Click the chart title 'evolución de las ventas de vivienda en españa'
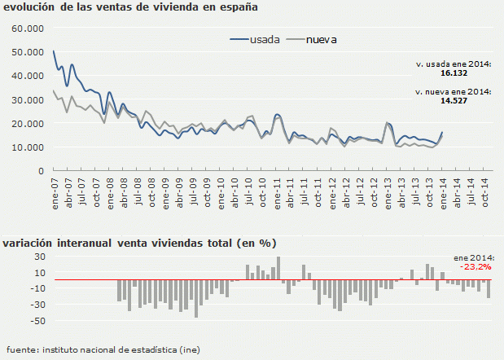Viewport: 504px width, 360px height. [x=131, y=8]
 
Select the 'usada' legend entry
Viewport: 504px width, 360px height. [x=265, y=39]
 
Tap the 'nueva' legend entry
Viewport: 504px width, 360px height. [x=322, y=39]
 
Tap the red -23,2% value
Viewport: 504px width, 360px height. [x=476, y=266]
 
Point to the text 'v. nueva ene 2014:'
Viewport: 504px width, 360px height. [x=453, y=93]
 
